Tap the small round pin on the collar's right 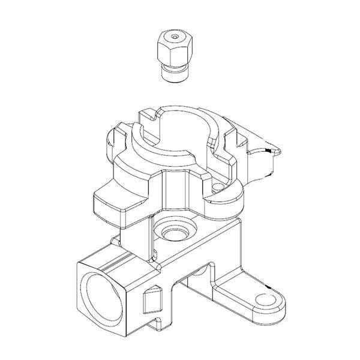point(218,191)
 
